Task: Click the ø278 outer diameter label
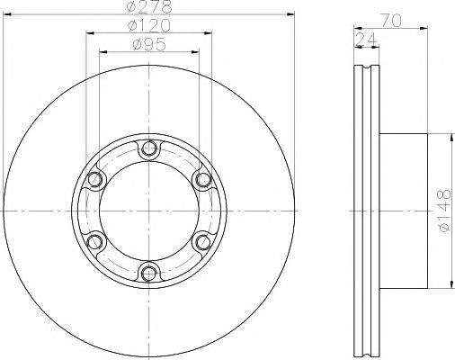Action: coord(149,7)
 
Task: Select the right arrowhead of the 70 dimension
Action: coord(422,25)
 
